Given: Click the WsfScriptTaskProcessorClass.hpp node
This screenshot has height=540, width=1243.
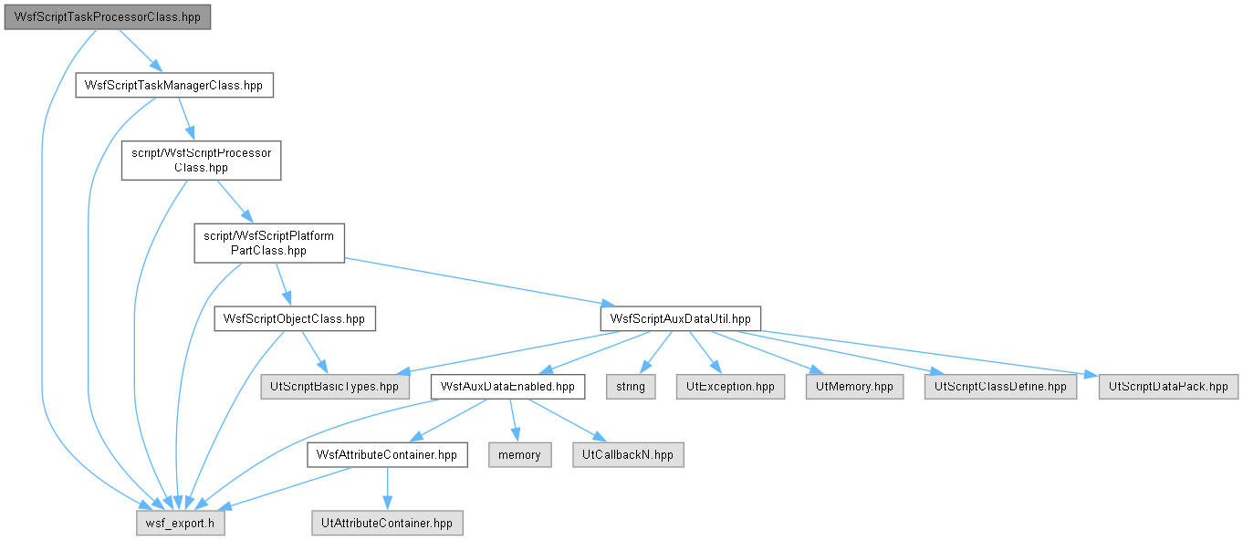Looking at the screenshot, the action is coord(108,17).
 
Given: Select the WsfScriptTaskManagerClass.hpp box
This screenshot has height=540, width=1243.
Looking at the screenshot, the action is coord(174,86).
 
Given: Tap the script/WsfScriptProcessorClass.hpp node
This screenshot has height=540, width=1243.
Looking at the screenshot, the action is coord(202,161).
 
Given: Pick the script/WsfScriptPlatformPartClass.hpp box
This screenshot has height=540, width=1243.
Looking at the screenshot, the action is coord(269,244).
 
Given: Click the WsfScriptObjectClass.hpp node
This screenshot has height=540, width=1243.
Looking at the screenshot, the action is coord(295,318).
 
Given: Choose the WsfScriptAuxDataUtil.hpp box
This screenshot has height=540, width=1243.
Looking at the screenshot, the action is coord(680,318).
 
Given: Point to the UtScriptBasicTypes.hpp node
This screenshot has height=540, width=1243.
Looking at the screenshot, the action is coord(335,387).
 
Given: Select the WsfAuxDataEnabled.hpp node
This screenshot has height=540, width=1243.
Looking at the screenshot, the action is coord(507,387).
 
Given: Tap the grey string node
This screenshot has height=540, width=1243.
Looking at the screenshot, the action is coord(631,387).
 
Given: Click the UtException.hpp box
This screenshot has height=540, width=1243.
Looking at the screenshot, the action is coord(730,387).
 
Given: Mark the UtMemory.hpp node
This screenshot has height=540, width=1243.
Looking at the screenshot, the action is coord(854,387).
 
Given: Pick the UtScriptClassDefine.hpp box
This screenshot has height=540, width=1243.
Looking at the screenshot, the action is coord(1000,387).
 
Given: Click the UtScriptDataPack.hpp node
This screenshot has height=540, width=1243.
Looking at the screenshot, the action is coord(1168,387).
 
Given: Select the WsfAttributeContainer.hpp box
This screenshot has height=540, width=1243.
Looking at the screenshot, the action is coord(387,455).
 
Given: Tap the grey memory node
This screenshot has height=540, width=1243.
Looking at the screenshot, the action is coord(520,455).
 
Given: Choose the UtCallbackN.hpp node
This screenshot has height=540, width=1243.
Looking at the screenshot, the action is coord(628,455).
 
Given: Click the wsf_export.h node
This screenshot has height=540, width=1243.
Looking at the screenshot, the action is coord(181,524).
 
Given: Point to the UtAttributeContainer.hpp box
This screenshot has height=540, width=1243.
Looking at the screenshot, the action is coord(387,524).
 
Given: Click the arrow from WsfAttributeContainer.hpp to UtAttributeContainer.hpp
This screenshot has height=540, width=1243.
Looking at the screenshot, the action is coord(387,488).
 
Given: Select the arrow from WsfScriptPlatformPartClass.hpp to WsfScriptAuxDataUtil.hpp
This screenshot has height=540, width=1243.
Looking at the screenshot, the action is coord(480,282).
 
